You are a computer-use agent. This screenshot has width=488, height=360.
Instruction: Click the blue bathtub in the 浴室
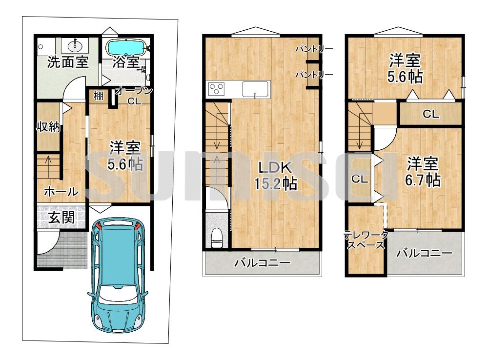point(126,47)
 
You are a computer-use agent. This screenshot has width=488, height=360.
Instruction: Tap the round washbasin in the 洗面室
point(75,46)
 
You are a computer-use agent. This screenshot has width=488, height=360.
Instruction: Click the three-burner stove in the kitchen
point(217,89)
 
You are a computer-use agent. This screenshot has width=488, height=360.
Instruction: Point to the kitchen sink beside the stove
point(256,89)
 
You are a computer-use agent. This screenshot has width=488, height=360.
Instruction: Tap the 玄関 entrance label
point(61,217)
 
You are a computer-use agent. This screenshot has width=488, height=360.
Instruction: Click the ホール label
point(61,191)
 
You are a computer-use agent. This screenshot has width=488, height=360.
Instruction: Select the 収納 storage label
point(48,127)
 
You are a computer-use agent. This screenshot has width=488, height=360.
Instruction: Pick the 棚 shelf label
point(99,96)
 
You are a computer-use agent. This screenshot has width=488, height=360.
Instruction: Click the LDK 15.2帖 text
point(275,175)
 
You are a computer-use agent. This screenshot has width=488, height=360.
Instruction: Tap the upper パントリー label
point(314,49)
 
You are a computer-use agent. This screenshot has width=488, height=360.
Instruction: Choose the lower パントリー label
point(314,75)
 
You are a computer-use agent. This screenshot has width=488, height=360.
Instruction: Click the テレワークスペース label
point(366,240)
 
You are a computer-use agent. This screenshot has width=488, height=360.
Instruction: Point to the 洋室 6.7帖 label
point(423,171)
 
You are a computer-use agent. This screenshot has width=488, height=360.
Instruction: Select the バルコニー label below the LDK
point(263,263)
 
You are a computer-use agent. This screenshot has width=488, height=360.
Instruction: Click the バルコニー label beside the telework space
point(425,253)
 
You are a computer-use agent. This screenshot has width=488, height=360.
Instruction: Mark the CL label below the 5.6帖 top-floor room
point(431,114)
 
